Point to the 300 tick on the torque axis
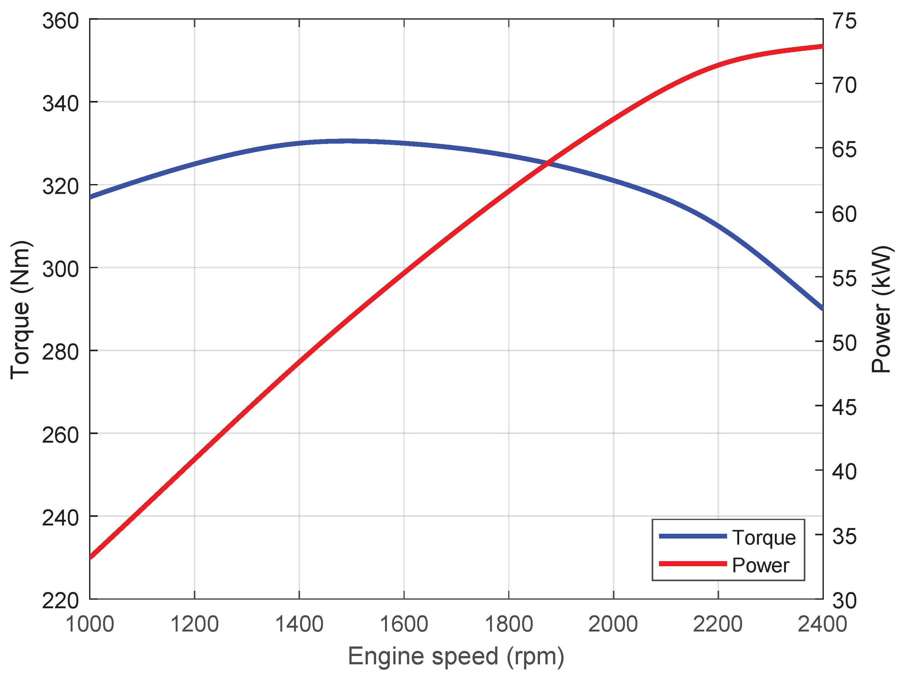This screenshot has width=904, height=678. pyautogui.click(x=60, y=269)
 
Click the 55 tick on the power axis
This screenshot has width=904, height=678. pyautogui.click(x=844, y=278)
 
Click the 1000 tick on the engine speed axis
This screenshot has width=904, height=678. pyautogui.click(x=89, y=625)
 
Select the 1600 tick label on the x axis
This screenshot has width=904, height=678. pyautogui.click(x=404, y=625)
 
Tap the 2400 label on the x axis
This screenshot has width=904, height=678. pyautogui.click(x=822, y=625)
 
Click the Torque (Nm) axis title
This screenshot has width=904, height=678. pyautogui.click(x=20, y=310)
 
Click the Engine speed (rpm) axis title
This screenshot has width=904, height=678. pyautogui.click(x=456, y=656)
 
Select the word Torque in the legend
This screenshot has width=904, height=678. pyautogui.click(x=764, y=537)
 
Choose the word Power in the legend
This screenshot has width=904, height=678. pyautogui.click(x=760, y=565)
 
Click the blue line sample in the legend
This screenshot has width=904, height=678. pyautogui.click(x=693, y=536)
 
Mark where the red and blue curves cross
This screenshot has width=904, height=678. pyautogui.click(x=548, y=164)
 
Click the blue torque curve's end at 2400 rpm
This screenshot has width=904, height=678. pyautogui.click(x=822, y=308)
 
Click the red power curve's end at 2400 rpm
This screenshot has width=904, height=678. pyautogui.click(x=822, y=46)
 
